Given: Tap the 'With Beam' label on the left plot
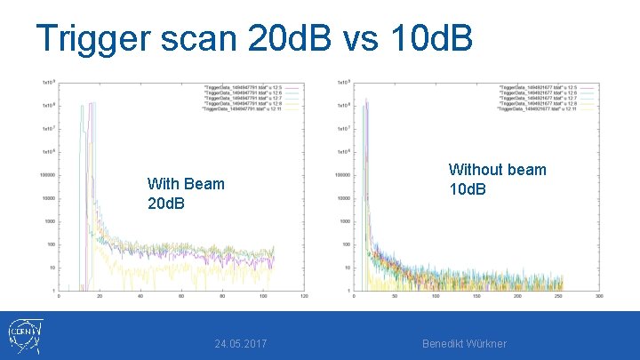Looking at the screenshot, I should click(186, 184).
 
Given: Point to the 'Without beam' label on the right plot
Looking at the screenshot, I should click(497, 169).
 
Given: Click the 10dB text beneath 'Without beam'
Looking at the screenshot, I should click(468, 188).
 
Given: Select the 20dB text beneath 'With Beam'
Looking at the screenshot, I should click(166, 204).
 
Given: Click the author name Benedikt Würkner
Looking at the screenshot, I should click(464, 343).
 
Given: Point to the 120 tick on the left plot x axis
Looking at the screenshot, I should click(305, 296).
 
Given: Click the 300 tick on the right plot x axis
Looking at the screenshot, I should click(599, 296).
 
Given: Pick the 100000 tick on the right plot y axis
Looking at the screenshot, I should click(340, 175).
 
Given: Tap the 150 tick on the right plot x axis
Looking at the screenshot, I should click(476, 296).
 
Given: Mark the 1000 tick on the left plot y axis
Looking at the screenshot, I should click(50, 221).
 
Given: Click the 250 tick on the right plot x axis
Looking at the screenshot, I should click(558, 296).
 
